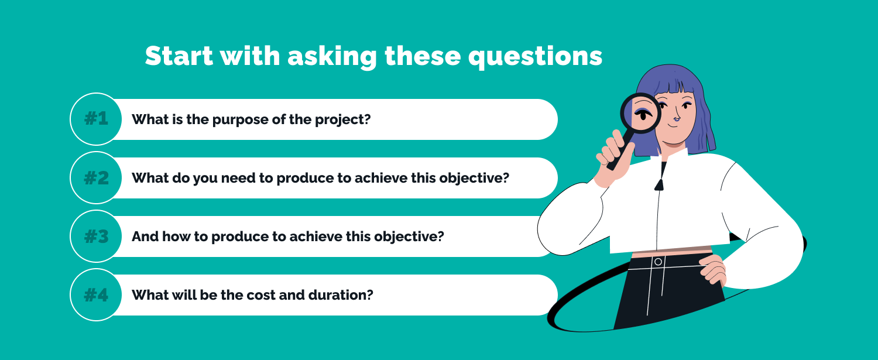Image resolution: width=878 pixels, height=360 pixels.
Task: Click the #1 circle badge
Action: tap(96, 119)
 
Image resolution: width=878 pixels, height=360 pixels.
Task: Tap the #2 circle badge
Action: tap(96, 177)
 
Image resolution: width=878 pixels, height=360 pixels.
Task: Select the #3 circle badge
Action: tap(96, 236)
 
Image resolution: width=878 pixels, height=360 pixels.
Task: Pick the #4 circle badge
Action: tap(96, 294)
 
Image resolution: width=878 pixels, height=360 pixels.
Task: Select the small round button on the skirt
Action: tap(658, 261)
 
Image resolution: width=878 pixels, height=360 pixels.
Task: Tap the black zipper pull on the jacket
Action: tap(659, 185)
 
